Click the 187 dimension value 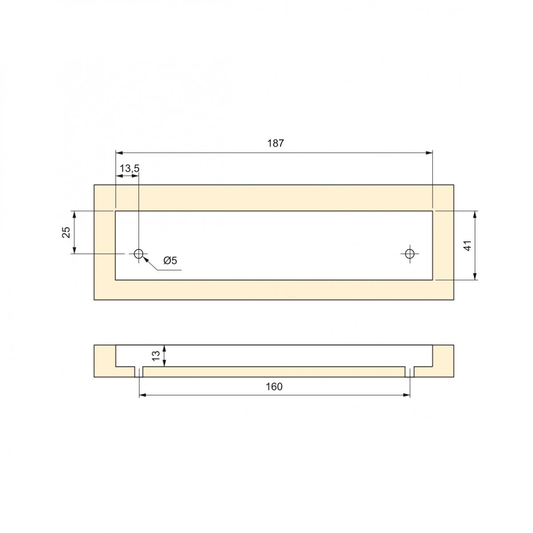point(275,143)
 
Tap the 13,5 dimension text point(129,168)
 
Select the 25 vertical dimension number point(66,232)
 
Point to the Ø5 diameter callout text point(170,261)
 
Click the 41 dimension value point(467,245)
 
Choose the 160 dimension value point(274,387)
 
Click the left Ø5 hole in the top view point(139,254)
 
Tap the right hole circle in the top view point(410,254)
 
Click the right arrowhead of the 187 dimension point(429,153)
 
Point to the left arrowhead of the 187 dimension point(119,153)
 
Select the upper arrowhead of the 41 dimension point(475,214)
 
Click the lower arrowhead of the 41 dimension point(475,276)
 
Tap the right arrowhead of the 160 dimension point(406,394)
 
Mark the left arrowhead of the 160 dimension point(143,394)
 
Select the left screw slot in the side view point(139,372)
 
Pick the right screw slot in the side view point(410,372)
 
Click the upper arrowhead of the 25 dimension point(74,214)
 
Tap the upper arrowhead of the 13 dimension point(164,348)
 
